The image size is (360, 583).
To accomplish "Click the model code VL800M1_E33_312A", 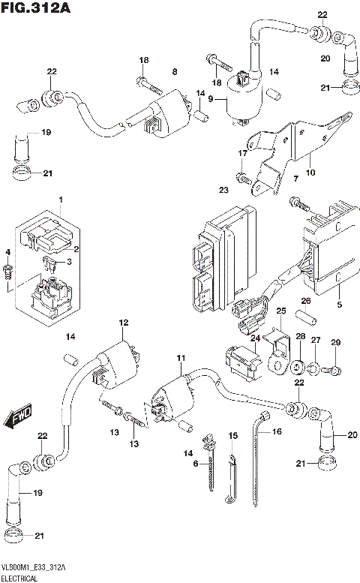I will click(x=34, y=568).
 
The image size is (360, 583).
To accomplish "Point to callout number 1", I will click(x=61, y=200).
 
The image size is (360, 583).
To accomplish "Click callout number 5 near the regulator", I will click(x=339, y=305).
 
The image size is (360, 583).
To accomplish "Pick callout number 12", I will click(x=122, y=323).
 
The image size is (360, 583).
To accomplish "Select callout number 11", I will click(x=179, y=359).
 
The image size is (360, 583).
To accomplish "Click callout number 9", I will click(x=211, y=98).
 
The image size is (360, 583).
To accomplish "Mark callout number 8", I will click(x=174, y=72).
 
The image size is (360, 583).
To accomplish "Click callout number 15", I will click(x=232, y=435).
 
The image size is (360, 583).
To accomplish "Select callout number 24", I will click(x=254, y=338).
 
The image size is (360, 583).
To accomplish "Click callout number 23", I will click(x=222, y=191).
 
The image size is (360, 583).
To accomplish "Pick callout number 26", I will click(x=306, y=301).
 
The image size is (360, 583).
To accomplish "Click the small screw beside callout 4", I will click(x=8, y=272).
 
